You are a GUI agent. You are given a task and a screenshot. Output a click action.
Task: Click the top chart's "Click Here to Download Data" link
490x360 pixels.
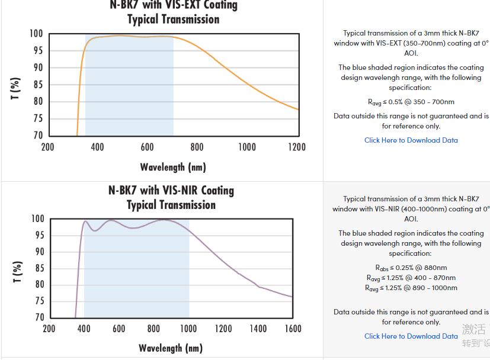[x=411, y=140]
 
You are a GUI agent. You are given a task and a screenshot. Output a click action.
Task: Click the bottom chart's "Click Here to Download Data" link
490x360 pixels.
[x=411, y=336]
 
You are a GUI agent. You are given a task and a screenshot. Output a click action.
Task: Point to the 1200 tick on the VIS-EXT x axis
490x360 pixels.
[x=297, y=147]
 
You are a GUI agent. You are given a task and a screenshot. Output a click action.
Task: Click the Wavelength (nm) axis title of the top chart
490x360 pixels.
[x=173, y=167]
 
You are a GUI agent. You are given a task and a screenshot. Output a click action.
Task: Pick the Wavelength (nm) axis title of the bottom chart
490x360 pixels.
[x=171, y=348]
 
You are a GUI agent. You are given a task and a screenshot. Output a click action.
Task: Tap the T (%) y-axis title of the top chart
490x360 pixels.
[x=17, y=88]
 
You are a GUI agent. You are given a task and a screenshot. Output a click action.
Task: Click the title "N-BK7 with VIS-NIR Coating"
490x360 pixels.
[x=171, y=191]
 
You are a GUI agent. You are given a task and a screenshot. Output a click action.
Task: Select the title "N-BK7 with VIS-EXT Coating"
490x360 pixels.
[x=174, y=5]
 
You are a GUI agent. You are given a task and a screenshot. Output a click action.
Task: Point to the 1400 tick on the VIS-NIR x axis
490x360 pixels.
[x=258, y=329]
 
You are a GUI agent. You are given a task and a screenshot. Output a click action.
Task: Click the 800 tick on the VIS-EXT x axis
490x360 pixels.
[x=197, y=147]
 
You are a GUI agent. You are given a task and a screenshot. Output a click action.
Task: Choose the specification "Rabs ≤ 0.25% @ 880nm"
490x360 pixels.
[x=411, y=268]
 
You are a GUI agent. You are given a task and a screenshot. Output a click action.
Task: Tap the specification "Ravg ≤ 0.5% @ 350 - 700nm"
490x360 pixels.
[x=411, y=102]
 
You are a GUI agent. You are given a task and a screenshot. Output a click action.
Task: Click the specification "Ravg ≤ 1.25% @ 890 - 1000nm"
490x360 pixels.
[x=411, y=288]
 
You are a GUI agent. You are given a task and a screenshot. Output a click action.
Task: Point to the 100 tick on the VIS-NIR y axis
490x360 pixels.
[x=37, y=218]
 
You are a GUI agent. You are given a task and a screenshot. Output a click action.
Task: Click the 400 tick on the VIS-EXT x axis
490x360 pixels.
[x=98, y=147]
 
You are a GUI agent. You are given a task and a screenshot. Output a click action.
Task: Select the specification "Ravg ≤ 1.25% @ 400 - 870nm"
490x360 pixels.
[x=411, y=278]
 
